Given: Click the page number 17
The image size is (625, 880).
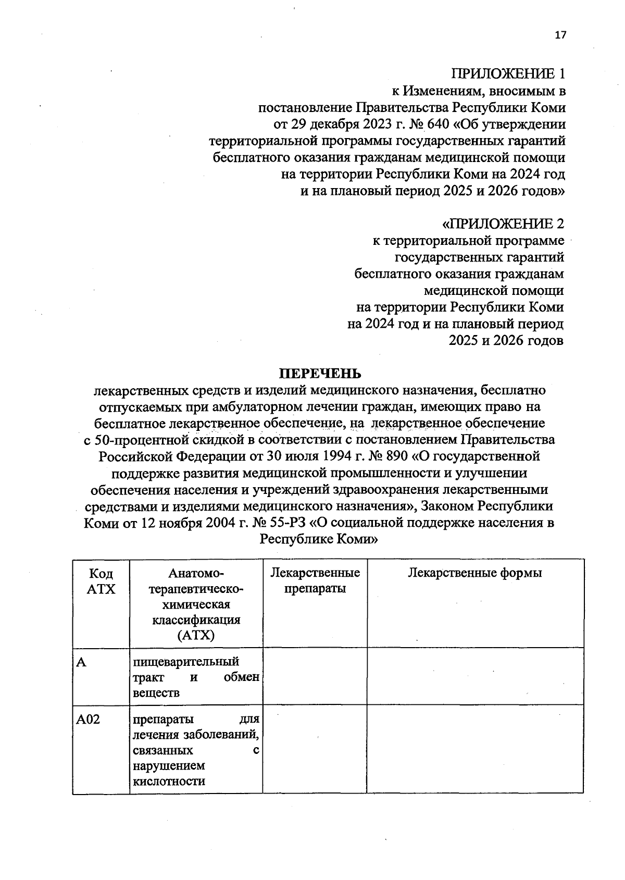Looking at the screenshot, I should (560, 35).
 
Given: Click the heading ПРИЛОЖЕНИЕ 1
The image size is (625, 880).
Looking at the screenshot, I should (508, 74).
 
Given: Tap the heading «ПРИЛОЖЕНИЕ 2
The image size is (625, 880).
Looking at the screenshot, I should (503, 224).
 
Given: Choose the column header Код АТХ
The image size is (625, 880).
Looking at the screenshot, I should (101, 581).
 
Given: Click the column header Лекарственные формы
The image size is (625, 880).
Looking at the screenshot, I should (474, 573).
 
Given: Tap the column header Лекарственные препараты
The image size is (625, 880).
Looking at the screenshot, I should (315, 581).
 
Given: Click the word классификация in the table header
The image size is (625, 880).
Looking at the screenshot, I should (196, 620).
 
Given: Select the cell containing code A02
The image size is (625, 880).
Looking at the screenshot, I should (89, 720).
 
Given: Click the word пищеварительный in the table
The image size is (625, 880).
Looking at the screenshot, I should (186, 662).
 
